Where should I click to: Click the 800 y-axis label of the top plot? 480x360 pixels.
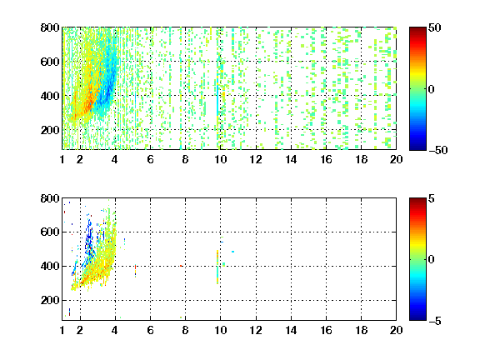pyautogui.click(x=50, y=27)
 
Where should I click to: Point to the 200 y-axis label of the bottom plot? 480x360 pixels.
pyautogui.click(x=50, y=300)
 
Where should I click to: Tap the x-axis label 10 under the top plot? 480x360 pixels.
pyautogui.click(x=220, y=159)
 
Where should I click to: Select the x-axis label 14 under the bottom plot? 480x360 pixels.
pyautogui.click(x=291, y=330)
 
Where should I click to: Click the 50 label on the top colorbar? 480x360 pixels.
pyautogui.click(x=434, y=27)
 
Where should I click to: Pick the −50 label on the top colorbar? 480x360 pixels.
pyautogui.click(x=437, y=150)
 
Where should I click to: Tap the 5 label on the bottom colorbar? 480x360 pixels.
pyautogui.click(x=431, y=198)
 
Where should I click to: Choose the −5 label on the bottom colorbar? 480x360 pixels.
pyautogui.click(x=434, y=321)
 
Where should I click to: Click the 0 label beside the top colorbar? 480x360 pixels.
pyautogui.click(x=431, y=89)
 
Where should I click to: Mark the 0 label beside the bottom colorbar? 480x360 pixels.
pyautogui.click(x=431, y=260)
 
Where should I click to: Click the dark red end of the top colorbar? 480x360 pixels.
pyautogui.click(x=417, y=29)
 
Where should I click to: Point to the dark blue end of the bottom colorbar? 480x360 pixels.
pyautogui.click(x=417, y=317)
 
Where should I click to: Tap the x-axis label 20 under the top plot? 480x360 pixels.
pyautogui.click(x=396, y=159)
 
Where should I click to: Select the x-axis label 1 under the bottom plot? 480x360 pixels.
pyautogui.click(x=62, y=330)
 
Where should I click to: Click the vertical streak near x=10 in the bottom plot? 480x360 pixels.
pyautogui.click(x=217, y=267)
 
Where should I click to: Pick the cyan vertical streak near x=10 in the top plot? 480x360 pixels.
pyautogui.click(x=217, y=97)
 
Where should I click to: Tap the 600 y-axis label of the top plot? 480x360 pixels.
pyautogui.click(x=50, y=62)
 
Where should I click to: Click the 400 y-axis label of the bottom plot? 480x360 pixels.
pyautogui.click(x=50, y=266)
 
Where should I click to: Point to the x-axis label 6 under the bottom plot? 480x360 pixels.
pyautogui.click(x=150, y=330)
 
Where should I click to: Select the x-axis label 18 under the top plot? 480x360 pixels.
pyautogui.click(x=361, y=159)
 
